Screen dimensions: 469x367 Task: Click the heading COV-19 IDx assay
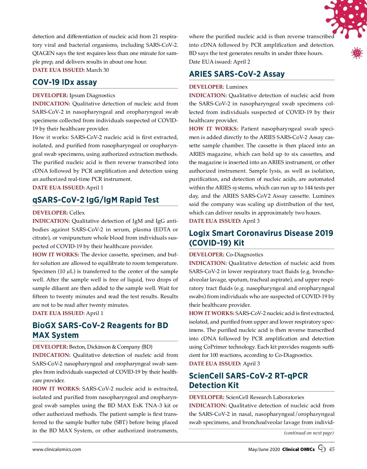tap(65, 82)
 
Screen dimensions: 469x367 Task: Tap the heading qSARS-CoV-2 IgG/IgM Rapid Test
tap(95, 200)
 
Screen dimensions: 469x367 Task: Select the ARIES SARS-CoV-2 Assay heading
tap(237, 74)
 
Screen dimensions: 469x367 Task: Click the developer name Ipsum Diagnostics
tap(92, 95)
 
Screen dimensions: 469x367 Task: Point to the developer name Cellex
tap(77, 213)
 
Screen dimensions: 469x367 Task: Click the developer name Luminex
tap(237, 87)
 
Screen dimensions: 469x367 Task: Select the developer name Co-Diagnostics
tap(244, 255)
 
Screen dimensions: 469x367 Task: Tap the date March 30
tap(98, 70)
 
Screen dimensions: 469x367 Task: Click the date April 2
tap(242, 62)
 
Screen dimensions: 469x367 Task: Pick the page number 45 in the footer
tap(332, 449)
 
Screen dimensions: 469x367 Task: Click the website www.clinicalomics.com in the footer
tap(57, 449)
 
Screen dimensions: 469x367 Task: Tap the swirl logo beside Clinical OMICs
tap(322, 448)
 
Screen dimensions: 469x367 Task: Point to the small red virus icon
tap(357, 53)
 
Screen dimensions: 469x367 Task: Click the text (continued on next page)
tap(309, 433)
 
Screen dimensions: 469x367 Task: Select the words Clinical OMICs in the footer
tap(298, 449)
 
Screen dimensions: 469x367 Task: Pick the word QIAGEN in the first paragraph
tap(43, 53)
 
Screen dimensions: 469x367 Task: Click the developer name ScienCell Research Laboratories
tap(265, 397)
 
